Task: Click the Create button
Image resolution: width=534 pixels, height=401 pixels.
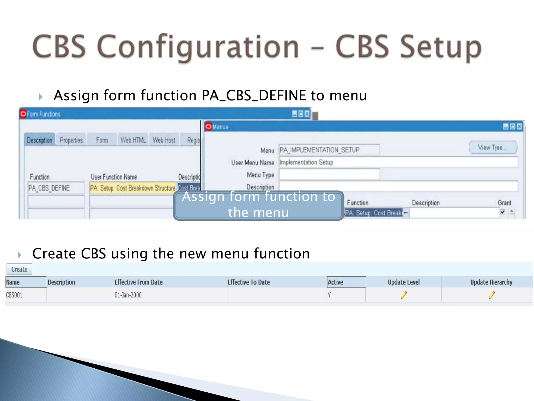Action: coord(19,269)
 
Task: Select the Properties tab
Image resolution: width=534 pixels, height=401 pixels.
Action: coord(71,140)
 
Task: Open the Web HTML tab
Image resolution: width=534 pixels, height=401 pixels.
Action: coord(133,140)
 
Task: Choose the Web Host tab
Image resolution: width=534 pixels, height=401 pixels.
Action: coord(164,140)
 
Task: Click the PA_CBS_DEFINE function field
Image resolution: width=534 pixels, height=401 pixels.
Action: coord(56,188)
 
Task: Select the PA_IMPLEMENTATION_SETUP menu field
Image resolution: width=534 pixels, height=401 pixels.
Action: coord(329,150)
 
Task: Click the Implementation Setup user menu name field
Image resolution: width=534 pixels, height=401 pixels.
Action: coord(398,162)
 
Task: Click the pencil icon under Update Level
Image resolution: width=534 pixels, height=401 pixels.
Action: coord(404,295)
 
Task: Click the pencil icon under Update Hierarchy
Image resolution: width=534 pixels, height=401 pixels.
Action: coord(491,295)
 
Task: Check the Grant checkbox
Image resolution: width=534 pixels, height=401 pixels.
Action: coord(502,212)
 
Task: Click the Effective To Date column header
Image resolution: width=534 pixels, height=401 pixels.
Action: coord(249,282)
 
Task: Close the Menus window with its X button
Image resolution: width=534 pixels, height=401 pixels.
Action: coord(519,127)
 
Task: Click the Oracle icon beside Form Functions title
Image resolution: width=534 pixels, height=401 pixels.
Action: coord(23,114)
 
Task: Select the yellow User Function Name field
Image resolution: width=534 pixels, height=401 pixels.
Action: coord(132,188)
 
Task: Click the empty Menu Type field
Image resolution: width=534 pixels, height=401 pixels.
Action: coord(329,174)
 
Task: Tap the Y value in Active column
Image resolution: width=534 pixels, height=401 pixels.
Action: coord(329,295)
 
